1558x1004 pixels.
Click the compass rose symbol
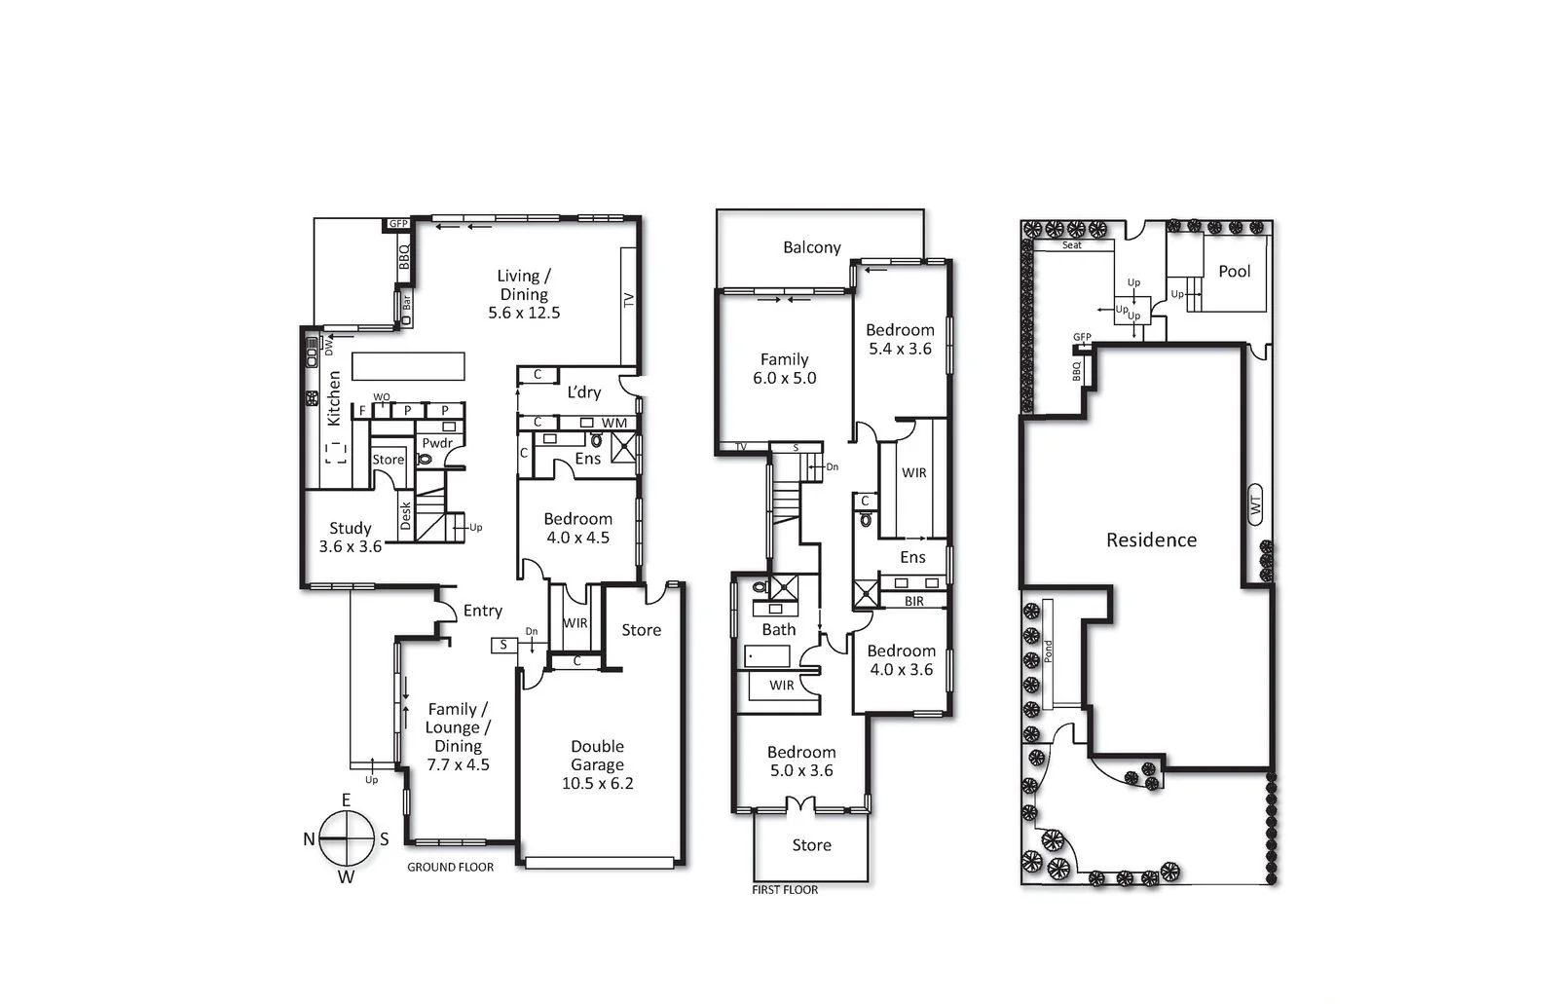(x=347, y=838)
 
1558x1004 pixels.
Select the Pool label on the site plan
(x=1234, y=272)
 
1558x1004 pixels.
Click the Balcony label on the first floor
(x=811, y=247)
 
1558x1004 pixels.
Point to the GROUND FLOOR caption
(x=450, y=867)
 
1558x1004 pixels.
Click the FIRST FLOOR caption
(x=785, y=889)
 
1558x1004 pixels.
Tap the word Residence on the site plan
(x=1151, y=539)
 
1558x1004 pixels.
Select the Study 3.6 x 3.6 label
(x=350, y=538)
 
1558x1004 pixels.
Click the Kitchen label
(x=334, y=397)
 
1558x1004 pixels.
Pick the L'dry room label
(x=583, y=392)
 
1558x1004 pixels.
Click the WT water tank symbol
(x=1255, y=505)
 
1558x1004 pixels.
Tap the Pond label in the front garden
(x=1049, y=651)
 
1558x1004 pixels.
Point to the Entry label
(x=482, y=611)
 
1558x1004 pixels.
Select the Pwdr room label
(x=437, y=443)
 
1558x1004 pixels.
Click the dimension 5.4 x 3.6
(x=900, y=349)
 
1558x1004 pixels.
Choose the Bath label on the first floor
(x=778, y=629)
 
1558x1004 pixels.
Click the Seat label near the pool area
(x=1071, y=245)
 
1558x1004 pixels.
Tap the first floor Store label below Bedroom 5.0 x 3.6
(x=811, y=845)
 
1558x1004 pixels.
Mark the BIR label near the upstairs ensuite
(x=913, y=601)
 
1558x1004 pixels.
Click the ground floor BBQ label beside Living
(x=403, y=256)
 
